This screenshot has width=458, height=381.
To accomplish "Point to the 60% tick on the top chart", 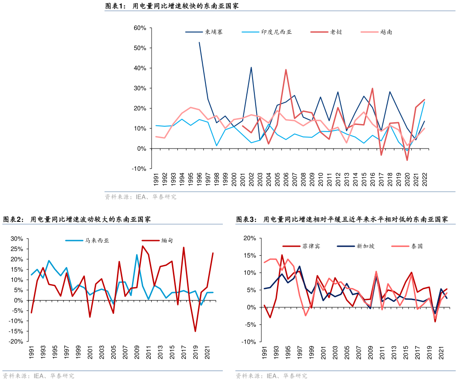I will [140, 28].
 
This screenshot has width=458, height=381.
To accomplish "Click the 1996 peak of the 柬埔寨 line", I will [199, 42].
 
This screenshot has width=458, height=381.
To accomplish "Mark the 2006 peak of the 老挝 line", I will [285, 69].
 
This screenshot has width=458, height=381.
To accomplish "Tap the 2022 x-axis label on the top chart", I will [425, 180].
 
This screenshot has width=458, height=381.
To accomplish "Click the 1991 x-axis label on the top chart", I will [156, 180].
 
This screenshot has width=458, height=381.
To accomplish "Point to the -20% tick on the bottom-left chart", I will [16, 341].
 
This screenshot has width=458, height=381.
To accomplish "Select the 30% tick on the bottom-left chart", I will [17, 239].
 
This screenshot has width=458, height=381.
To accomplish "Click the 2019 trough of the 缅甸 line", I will [195, 331].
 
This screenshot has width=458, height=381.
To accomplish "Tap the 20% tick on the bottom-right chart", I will [249, 238].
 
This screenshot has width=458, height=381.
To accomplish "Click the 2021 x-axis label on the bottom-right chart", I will [442, 353].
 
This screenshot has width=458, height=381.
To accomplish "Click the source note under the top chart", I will [141, 197].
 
